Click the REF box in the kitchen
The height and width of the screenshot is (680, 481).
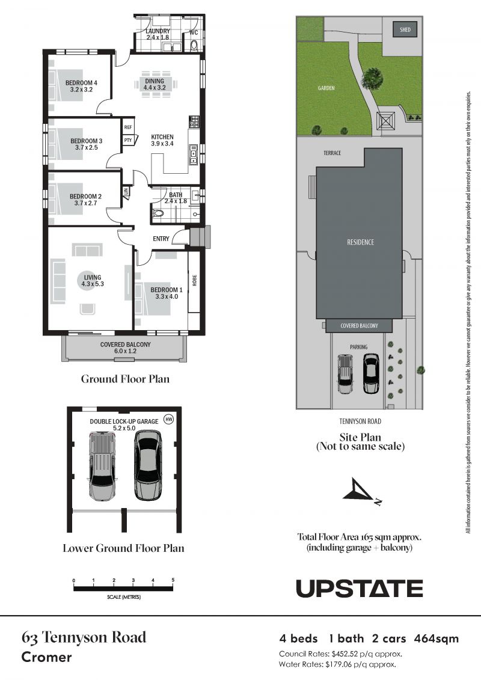(127, 127)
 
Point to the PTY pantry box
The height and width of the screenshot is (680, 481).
(127, 140)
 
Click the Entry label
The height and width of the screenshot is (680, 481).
(161, 239)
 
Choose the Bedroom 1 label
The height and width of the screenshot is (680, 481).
(165, 293)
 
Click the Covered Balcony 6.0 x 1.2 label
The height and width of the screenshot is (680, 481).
(125, 348)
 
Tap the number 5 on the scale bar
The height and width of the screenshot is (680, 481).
(173, 580)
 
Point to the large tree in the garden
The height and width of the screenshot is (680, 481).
(374, 76)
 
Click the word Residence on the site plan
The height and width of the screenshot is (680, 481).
(360, 242)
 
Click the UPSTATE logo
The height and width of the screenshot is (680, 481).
(359, 588)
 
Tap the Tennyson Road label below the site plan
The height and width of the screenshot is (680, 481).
(361, 421)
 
